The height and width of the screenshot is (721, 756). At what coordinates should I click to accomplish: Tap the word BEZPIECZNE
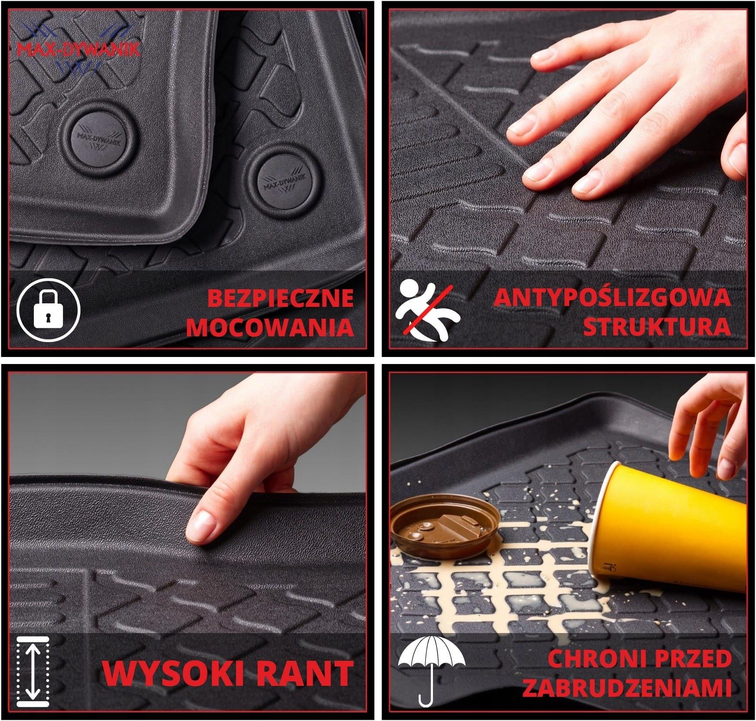point(280,298)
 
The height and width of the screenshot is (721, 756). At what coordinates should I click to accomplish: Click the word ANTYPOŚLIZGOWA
point(612,298)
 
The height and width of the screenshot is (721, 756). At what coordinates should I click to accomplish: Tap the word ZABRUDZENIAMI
point(627,688)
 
